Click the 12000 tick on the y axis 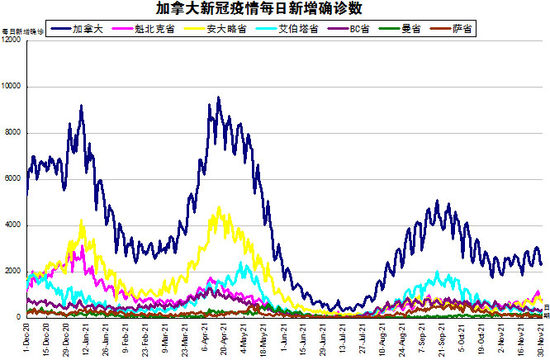pyautogui.click(x=12, y=40)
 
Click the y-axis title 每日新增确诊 pyautogui.click(x=22, y=31)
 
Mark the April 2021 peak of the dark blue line pyautogui.click(x=218, y=97)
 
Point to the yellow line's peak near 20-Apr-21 pyautogui.click(x=219, y=207)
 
